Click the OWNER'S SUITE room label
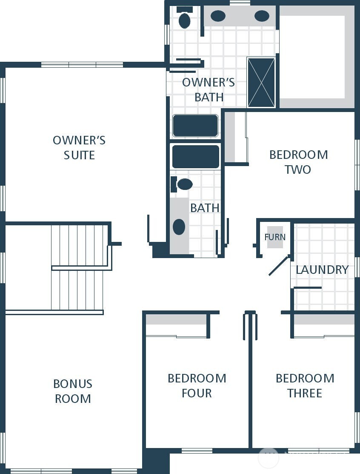click(79, 147)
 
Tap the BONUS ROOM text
click(73, 391)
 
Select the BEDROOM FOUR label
click(197, 385)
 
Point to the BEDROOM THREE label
click(305, 385)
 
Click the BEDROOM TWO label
click(298, 162)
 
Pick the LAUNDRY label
click(322, 270)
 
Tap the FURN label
click(275, 237)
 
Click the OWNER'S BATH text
click(209, 89)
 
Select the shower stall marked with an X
click(261, 83)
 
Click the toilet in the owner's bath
click(184, 20)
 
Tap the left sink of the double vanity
click(218, 16)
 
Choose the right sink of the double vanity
click(262, 16)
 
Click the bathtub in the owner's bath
click(195, 126)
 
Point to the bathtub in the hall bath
click(195, 157)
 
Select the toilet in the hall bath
click(184, 184)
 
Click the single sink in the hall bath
click(179, 227)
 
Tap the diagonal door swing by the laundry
click(279, 266)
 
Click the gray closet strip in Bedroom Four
click(176, 320)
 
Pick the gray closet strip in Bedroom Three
click(324, 320)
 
